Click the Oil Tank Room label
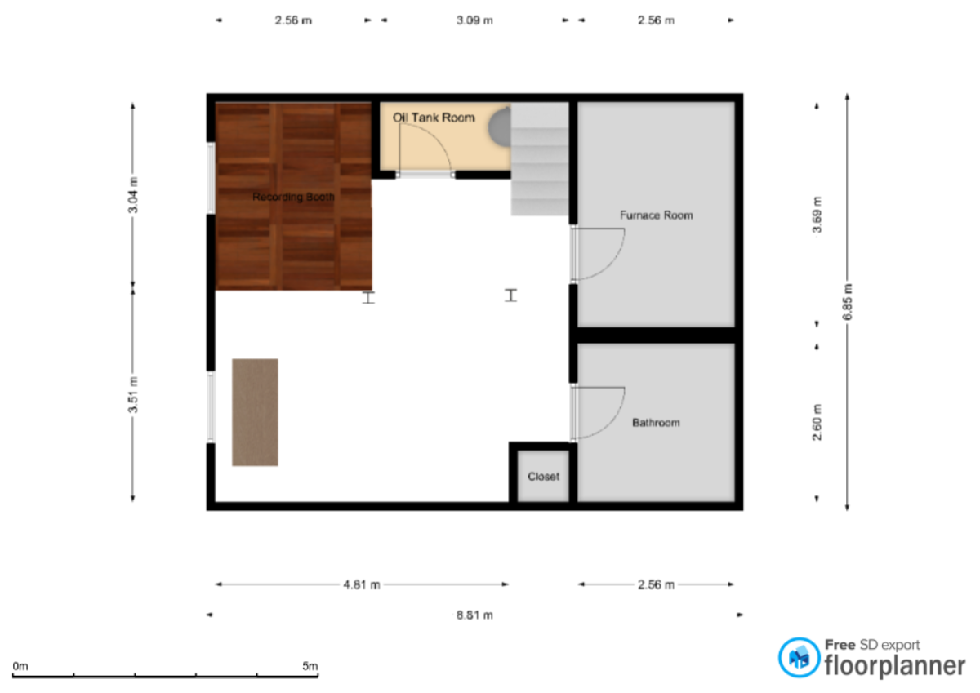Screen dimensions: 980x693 (x=434, y=118)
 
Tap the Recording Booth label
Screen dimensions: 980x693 (x=293, y=197)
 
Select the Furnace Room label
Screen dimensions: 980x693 (x=657, y=215)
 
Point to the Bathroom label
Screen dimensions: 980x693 (x=656, y=423)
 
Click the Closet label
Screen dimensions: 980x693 (x=543, y=477)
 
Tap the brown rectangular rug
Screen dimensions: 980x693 (x=255, y=412)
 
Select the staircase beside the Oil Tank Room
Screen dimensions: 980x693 (x=540, y=159)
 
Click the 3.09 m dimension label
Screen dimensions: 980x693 (x=474, y=20)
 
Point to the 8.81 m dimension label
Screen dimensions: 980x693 (x=474, y=615)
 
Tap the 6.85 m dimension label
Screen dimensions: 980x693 (x=848, y=302)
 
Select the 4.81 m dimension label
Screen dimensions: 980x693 (x=361, y=584)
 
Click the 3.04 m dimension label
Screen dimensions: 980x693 (x=133, y=195)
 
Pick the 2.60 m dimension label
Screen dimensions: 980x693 (x=817, y=422)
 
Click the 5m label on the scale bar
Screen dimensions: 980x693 (x=310, y=666)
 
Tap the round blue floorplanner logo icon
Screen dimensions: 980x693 (x=799, y=658)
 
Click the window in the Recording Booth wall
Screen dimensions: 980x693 (x=211, y=179)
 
